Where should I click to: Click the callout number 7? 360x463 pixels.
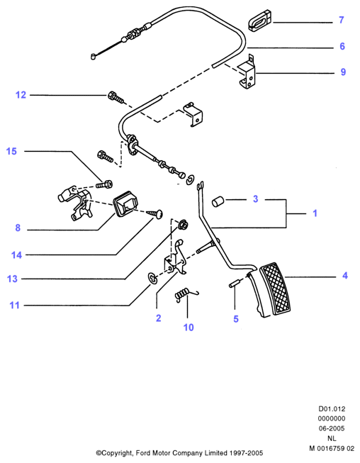point(342,20)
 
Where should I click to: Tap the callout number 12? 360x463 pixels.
point(21,95)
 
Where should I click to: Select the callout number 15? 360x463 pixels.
point(11,151)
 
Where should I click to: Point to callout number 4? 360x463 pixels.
point(345,276)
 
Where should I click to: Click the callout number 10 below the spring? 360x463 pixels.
point(189,327)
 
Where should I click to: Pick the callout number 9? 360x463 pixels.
point(343,72)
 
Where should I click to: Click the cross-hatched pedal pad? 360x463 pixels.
point(275,289)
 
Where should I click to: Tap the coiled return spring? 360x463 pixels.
point(186,294)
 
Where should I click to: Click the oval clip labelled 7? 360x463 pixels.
point(259,21)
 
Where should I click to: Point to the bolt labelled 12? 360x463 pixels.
point(116,97)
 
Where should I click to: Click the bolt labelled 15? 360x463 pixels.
point(104,184)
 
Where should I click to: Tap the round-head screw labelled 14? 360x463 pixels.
point(155,213)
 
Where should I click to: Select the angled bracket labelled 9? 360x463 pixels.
point(247,72)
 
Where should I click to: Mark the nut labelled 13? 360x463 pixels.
point(184,225)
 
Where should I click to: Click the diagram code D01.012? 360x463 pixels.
point(332,409)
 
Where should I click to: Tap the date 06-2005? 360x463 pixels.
point(332,428)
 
